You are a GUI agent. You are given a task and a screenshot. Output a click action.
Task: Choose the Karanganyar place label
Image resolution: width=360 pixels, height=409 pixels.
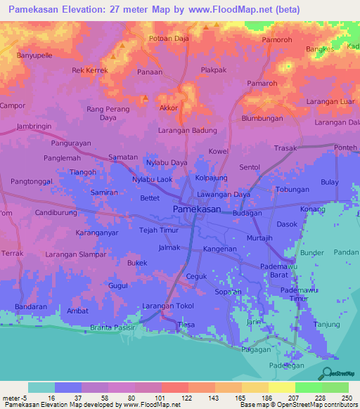tap(97, 232)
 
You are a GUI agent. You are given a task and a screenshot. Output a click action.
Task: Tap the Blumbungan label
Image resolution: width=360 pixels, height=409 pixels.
tap(262, 119)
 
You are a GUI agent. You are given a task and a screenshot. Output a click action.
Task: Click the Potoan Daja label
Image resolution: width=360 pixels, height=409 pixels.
tap(169, 39)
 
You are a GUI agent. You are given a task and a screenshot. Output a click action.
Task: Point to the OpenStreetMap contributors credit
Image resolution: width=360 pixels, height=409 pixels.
tap(316, 405)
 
